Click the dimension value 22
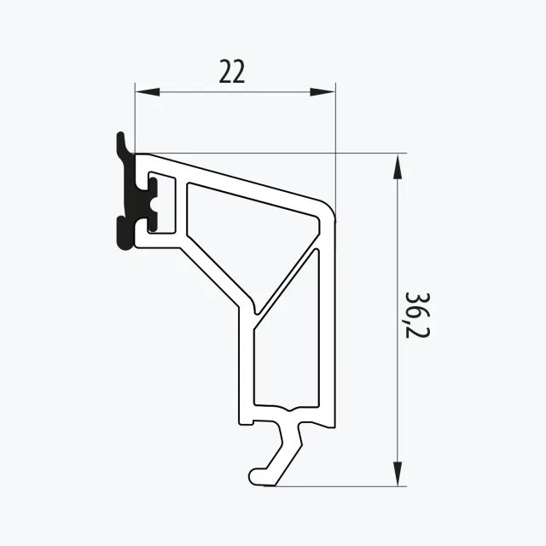232,72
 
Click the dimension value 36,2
418,315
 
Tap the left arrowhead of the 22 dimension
148,92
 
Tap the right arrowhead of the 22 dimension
322,92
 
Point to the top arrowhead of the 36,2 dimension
398,167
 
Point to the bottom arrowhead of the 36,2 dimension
398,473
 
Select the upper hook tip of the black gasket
120,135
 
